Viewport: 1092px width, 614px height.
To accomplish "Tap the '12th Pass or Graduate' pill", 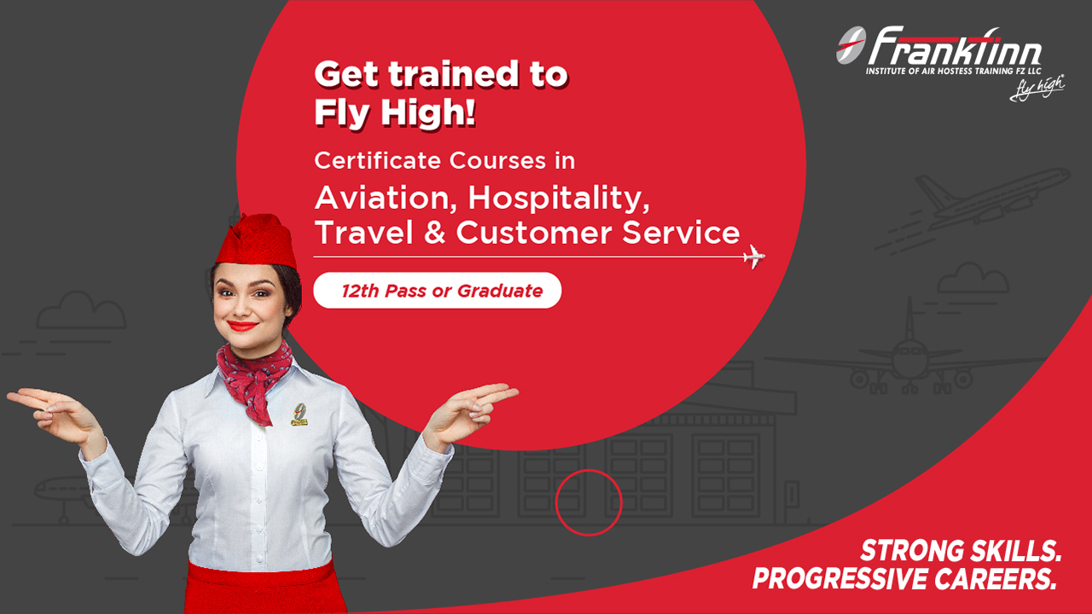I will click(x=438, y=290).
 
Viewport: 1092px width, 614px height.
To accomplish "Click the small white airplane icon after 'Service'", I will click(x=753, y=256).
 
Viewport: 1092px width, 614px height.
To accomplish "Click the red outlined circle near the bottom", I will click(x=589, y=502).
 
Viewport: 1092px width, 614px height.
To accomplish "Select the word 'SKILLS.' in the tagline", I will click(x=1009, y=550).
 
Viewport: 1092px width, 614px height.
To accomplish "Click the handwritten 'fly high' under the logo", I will click(x=1037, y=88).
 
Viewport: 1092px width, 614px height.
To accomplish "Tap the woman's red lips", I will click(x=243, y=325).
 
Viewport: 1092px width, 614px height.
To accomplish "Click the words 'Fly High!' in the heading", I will click(x=395, y=113).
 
